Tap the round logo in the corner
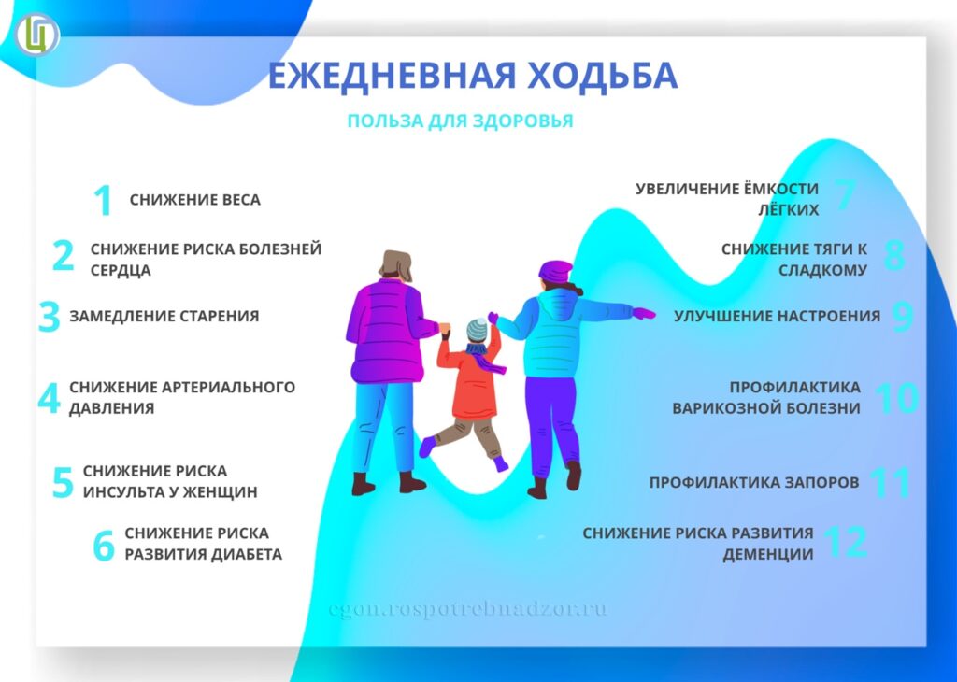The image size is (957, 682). (x=36, y=35)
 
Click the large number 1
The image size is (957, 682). (x=104, y=200)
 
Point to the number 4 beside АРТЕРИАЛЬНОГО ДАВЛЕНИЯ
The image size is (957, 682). (x=49, y=398)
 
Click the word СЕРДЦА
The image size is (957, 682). (x=121, y=270)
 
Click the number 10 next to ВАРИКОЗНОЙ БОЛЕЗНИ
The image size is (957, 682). (x=896, y=398)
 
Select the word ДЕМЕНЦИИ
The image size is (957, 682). (x=768, y=555)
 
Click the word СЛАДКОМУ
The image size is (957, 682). (x=822, y=270)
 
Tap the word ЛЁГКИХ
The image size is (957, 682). (x=789, y=209)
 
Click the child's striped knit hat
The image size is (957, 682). (x=478, y=330)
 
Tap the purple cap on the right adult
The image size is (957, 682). (x=555, y=272)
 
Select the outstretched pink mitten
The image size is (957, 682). (x=643, y=314)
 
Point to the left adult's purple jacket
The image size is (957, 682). (x=388, y=331)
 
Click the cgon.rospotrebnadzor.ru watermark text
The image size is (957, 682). (x=468, y=609)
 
